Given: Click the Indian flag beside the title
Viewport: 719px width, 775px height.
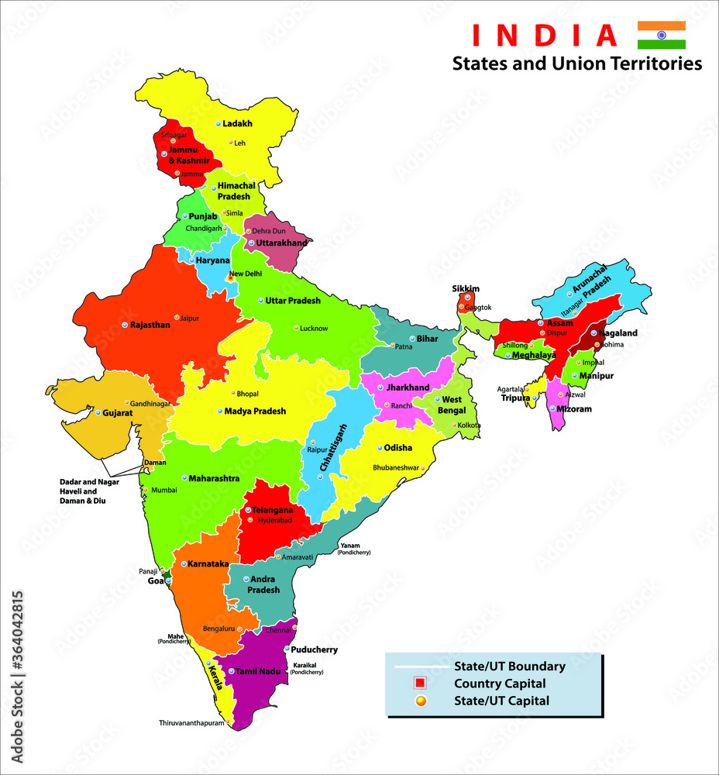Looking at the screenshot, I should point(661,35).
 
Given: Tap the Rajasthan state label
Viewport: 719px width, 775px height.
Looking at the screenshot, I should point(150,325).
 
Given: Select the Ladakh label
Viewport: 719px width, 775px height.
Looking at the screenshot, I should point(238,123).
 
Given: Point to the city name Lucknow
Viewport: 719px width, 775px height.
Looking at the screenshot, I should point(314,328).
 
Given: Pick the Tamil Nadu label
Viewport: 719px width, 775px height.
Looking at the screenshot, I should point(257,671).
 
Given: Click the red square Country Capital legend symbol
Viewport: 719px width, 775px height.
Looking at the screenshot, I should point(420,684).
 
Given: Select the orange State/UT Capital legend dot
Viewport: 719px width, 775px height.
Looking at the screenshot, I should point(420,701).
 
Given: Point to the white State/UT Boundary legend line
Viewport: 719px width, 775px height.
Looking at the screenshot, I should point(420,666).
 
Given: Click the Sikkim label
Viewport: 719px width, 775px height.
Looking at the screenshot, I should point(466,289).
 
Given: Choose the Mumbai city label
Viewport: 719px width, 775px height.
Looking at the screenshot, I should point(164,490).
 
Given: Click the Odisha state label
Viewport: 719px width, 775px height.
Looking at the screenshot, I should point(398,448).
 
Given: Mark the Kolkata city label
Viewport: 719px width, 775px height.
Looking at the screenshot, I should point(470,425).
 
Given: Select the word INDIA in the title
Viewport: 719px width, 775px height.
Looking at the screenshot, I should point(545,35).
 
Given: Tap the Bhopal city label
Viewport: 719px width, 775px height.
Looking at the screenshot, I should point(249,394).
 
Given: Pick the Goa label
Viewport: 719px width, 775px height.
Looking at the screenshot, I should point(156,580).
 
